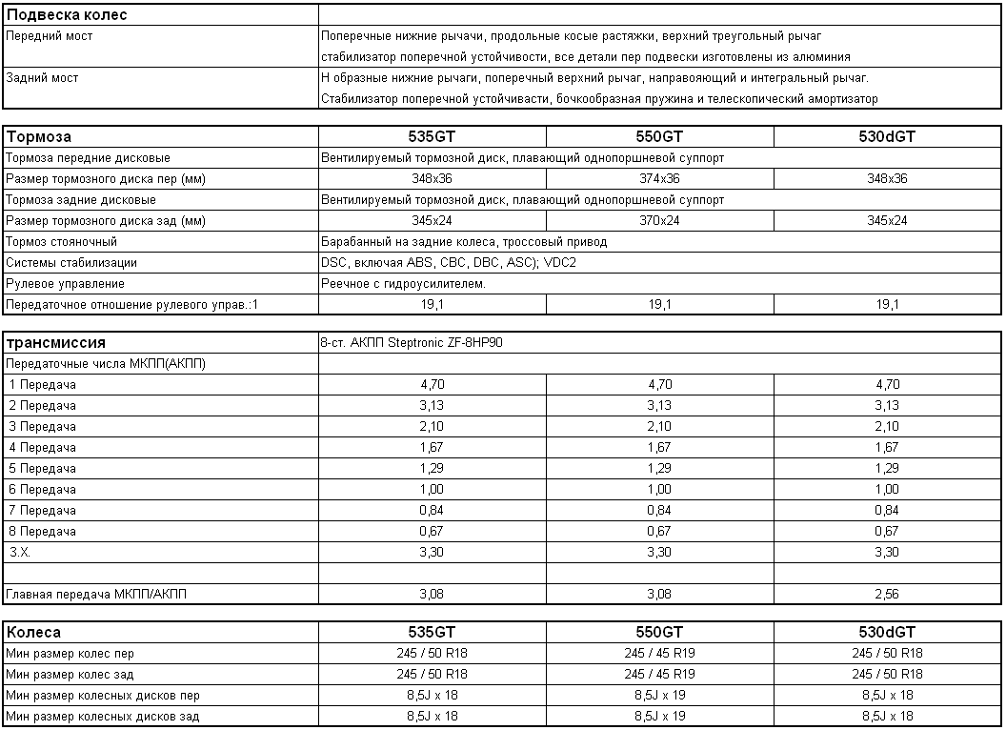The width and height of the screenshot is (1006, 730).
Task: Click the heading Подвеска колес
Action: click(x=67, y=15)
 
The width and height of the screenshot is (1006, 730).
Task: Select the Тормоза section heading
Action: click(x=39, y=136)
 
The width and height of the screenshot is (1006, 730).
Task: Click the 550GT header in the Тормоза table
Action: click(x=659, y=136)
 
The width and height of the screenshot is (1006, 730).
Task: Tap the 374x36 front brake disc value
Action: click(x=659, y=179)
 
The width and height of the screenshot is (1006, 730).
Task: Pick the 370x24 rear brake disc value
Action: click(x=659, y=221)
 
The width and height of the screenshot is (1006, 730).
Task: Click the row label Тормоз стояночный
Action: click(x=61, y=242)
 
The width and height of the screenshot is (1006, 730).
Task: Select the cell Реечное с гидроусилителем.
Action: click(x=404, y=284)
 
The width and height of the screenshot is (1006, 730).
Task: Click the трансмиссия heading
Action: click(x=56, y=342)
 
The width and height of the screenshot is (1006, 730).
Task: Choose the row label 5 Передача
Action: click(x=42, y=469)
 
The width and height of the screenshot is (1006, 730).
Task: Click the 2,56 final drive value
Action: click(x=887, y=595)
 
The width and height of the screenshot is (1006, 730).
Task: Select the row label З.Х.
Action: click(x=21, y=553)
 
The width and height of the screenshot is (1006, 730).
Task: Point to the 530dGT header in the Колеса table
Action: click(x=887, y=632)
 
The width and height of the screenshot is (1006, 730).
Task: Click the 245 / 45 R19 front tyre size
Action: click(x=659, y=654)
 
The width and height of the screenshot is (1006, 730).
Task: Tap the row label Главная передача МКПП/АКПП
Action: click(x=97, y=595)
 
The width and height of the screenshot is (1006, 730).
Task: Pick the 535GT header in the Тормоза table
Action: click(x=432, y=136)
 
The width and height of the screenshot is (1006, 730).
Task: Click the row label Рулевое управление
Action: click(x=65, y=284)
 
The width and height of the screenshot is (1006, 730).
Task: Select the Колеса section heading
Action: click(x=34, y=632)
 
